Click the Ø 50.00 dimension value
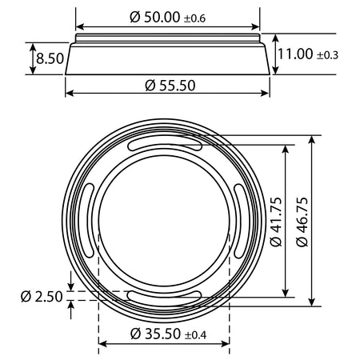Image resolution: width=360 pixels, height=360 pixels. pos(155,18)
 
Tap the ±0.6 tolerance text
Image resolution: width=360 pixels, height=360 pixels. pos(194,18)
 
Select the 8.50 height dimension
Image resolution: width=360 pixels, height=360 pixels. pos(50,58)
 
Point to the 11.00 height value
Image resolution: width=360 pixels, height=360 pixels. pos(295,54)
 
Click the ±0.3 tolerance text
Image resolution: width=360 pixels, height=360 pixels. pos(327,55)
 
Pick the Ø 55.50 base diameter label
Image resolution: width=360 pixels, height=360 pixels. pos(170,86)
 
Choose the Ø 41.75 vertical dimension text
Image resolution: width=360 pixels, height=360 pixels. pos(276,222)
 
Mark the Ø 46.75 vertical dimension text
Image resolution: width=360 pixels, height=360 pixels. pos(302,222)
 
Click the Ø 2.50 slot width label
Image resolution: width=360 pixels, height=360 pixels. pos(42,297)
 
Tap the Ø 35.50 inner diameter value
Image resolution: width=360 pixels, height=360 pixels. pos(155,334)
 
